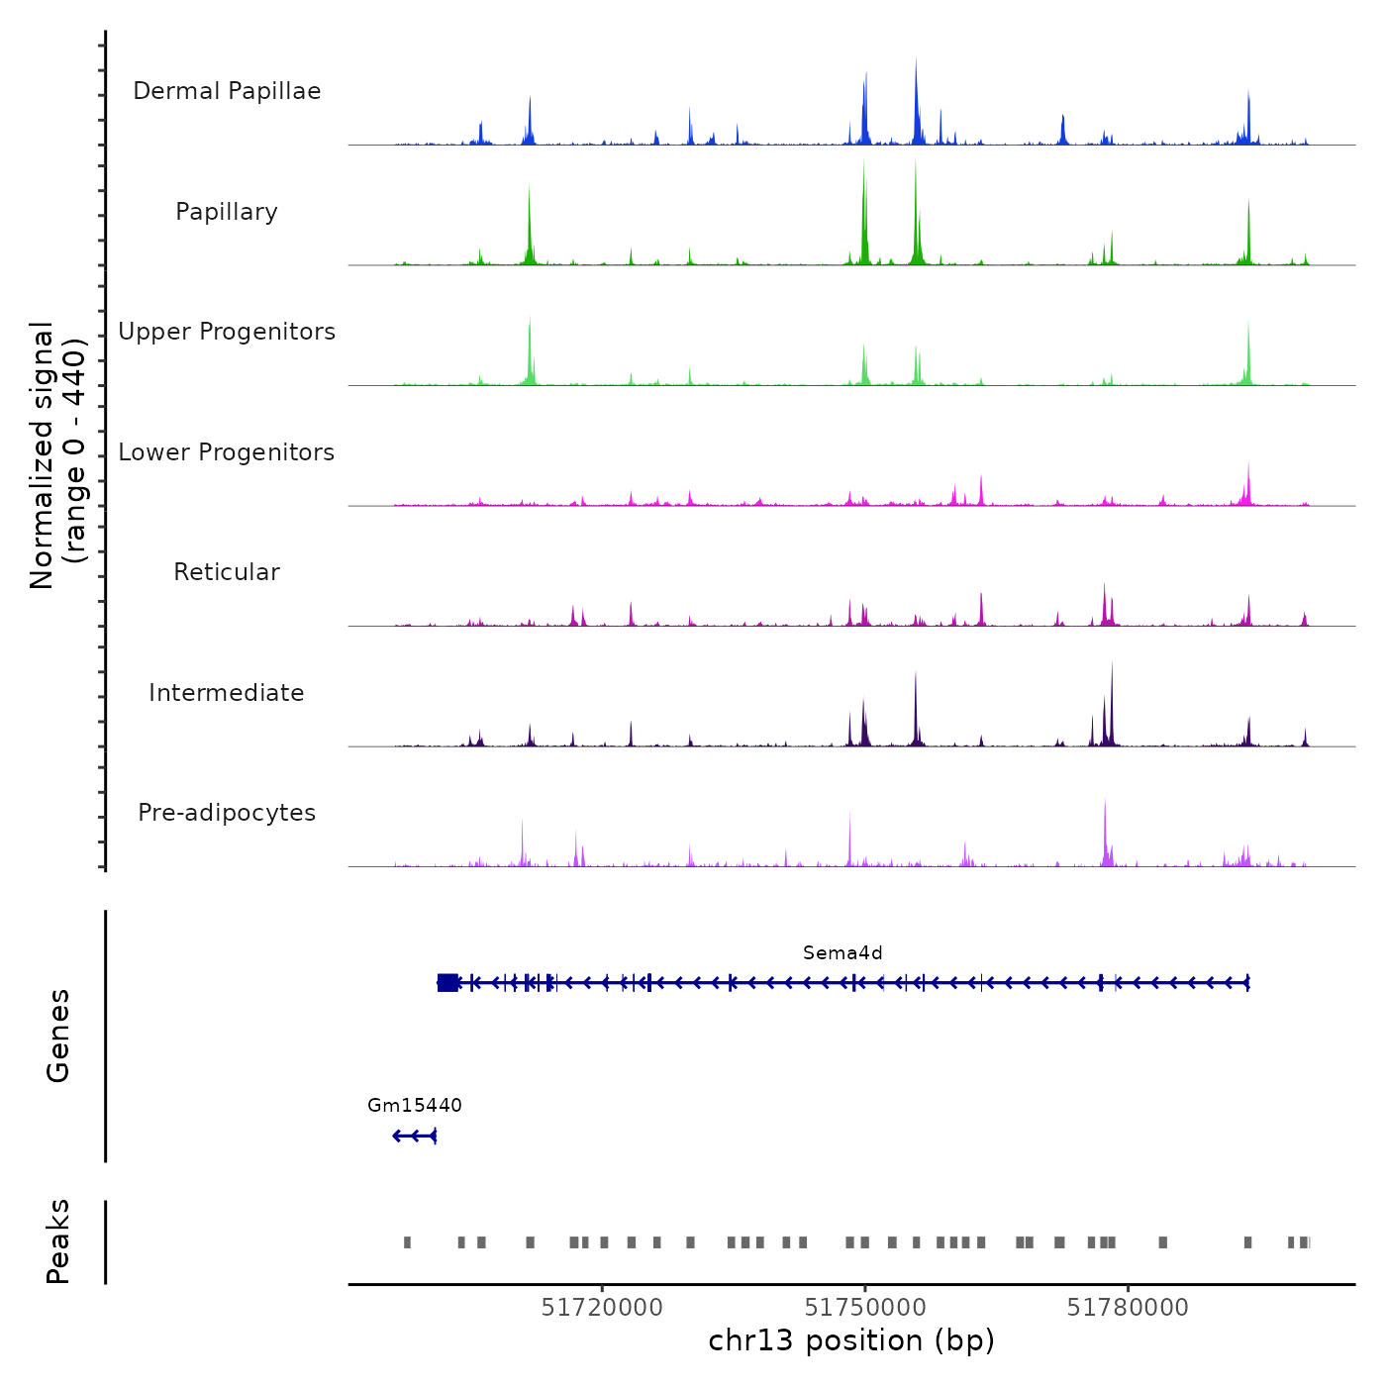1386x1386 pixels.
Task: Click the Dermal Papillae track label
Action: (227, 91)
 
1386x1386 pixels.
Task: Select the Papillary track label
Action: (227, 212)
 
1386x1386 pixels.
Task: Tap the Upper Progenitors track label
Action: (227, 332)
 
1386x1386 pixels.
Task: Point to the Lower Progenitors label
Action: (227, 452)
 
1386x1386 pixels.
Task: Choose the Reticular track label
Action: (227, 572)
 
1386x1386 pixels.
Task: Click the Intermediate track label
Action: (227, 693)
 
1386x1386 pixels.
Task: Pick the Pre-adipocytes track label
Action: (227, 813)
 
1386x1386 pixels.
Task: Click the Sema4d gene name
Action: (842, 953)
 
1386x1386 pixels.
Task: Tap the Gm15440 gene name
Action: (414, 1106)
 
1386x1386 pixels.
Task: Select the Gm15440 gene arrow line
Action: (415, 1136)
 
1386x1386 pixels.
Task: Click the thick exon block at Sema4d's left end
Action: (447, 982)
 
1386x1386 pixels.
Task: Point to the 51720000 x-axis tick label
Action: (602, 1308)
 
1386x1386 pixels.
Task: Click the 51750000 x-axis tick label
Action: (865, 1308)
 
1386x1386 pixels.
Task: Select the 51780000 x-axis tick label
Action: (1128, 1308)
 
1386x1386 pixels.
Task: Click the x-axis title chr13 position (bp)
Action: (851, 1341)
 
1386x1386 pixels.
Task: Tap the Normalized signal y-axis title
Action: (57, 454)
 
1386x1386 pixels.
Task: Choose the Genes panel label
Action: (58, 1036)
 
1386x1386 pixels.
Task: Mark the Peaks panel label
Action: (58, 1241)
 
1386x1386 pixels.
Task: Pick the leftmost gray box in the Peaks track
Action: (407, 1242)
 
